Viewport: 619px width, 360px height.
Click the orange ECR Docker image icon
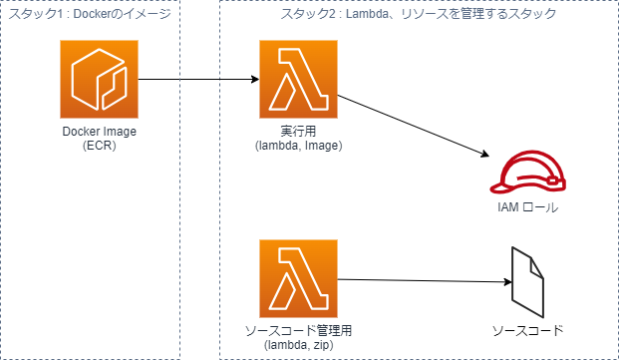pos(99,80)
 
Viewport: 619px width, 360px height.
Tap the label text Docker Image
pos(99,133)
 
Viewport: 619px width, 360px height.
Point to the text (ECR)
pos(99,146)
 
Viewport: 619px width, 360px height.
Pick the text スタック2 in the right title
pos(308,14)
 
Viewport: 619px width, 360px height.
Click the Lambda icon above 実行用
pos(298,80)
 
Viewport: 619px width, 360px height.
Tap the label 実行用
pos(298,133)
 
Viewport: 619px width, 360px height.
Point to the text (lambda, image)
pos(298,146)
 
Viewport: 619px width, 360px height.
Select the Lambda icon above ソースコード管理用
pos(298,279)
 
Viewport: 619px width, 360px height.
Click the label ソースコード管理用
pos(298,331)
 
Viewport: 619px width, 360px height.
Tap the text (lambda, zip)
pos(298,344)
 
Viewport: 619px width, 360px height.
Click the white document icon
pos(527,283)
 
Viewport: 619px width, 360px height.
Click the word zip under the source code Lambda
pos(320,344)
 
